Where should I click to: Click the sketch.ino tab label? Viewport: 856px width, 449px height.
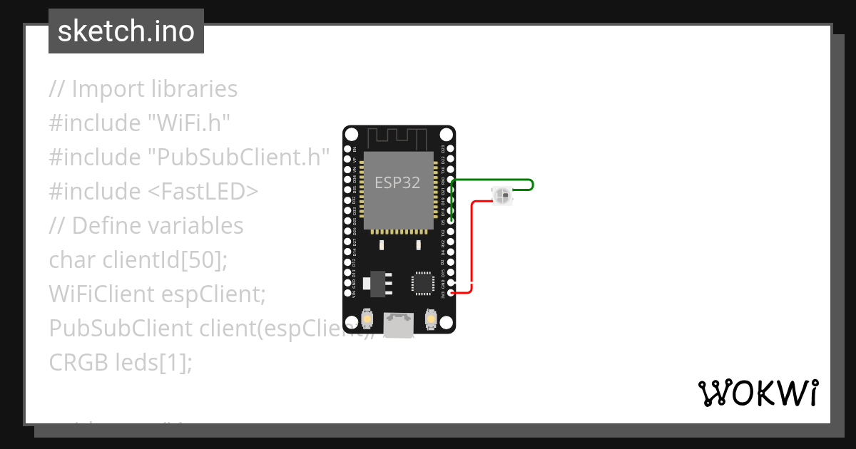[x=126, y=31]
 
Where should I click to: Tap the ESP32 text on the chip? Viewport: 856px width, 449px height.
[x=397, y=182]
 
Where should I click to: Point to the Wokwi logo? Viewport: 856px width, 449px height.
[x=758, y=393]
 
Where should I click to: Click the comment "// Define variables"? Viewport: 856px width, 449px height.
[x=146, y=226]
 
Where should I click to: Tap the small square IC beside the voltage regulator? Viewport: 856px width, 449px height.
[x=422, y=283]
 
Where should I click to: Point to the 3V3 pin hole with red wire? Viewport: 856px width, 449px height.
[x=450, y=293]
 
